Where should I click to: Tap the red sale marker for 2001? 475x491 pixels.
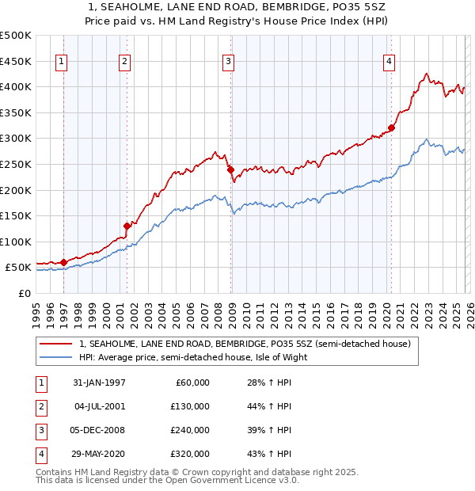[x=127, y=226]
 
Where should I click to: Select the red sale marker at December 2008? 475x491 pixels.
[x=230, y=169]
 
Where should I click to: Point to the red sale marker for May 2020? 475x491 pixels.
[x=391, y=128]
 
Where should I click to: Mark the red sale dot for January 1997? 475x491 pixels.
[x=64, y=262]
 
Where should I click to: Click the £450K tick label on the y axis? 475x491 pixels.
[x=16, y=61]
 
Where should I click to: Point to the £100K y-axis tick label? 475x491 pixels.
[x=16, y=242]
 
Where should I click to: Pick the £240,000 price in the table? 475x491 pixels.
[x=189, y=430]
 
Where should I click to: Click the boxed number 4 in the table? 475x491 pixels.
[x=40, y=454]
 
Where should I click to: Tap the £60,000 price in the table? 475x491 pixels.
[x=192, y=383]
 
